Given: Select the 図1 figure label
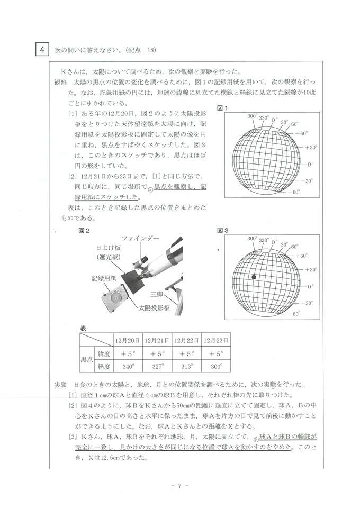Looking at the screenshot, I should click(x=222, y=108).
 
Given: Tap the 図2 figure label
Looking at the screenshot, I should click(x=84, y=231).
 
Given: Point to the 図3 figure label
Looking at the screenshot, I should click(x=222, y=231).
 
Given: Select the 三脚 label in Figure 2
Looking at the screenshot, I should click(x=157, y=294).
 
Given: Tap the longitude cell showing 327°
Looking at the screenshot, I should click(x=158, y=366).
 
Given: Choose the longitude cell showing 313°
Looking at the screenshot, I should click(x=187, y=366).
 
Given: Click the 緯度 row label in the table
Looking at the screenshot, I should click(x=103, y=353).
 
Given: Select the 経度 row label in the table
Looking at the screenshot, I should click(x=103, y=366).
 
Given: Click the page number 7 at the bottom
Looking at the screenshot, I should click(x=179, y=486).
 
